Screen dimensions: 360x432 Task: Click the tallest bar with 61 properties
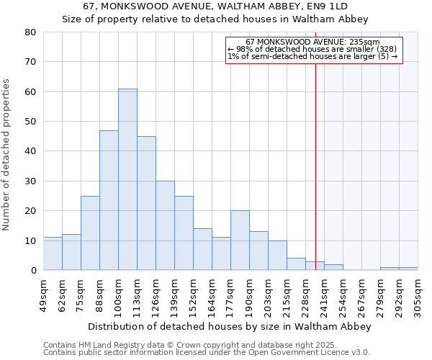coord(127,180)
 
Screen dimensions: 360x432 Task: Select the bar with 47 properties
coord(109,200)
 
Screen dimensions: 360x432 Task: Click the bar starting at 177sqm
coord(240,240)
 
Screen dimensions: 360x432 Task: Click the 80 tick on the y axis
coord(30,32)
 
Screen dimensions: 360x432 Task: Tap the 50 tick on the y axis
coord(30,121)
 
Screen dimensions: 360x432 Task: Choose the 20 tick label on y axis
coord(30,211)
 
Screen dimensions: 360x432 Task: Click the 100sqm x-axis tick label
coord(119,294)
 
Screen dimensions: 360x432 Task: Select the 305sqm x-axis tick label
coord(418,294)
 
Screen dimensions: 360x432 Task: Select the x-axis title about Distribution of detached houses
coord(234,326)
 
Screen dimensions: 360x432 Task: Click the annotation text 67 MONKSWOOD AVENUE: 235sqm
coord(312,42)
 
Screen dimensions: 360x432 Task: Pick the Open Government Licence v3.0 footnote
coord(207,353)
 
